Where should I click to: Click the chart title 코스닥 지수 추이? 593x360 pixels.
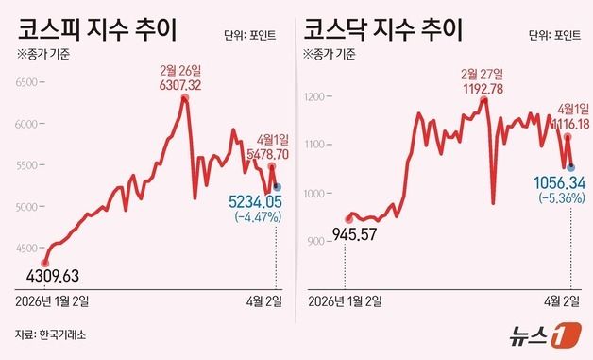pos(381,28)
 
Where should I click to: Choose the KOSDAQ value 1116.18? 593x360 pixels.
pos(565,124)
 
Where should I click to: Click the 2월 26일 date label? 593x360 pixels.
pos(183,70)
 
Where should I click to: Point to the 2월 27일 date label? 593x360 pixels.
pos(482,73)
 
